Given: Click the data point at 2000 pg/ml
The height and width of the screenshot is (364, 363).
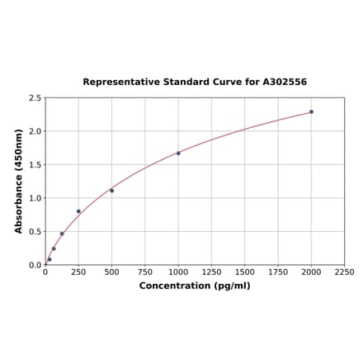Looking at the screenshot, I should (311, 111).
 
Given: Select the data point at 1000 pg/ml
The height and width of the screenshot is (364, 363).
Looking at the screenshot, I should (178, 153).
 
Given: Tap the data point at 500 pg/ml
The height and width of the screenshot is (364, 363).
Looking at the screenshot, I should (111, 191).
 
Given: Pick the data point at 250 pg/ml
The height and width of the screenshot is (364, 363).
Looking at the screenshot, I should (78, 211).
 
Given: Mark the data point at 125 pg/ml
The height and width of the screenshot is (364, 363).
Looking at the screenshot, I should (62, 234).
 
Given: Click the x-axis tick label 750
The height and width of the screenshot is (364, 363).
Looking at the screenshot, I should (144, 272).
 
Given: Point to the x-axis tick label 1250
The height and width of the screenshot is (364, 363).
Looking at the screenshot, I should (211, 272).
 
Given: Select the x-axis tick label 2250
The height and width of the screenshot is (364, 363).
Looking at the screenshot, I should (344, 272).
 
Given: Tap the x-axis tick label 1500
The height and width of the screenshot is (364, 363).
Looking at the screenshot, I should (244, 272).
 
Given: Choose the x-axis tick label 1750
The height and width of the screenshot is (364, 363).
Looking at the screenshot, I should (278, 272).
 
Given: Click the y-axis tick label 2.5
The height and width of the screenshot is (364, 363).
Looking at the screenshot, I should (35, 98).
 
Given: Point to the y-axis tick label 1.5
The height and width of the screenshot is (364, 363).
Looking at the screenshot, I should (35, 165).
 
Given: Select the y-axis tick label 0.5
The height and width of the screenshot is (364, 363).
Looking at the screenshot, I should (35, 232).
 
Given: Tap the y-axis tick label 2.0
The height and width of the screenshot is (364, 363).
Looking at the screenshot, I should (35, 131).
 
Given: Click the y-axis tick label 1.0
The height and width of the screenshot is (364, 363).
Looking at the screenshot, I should (35, 198).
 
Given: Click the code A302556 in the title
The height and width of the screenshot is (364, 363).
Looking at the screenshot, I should (285, 83).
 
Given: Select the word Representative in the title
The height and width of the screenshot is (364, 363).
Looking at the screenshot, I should (118, 83).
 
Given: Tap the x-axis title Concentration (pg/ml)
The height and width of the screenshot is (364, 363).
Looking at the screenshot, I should (195, 286).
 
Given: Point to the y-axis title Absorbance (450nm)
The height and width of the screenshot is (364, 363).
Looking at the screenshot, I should (18, 181).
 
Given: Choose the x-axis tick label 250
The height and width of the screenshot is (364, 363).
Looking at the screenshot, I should (78, 272).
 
